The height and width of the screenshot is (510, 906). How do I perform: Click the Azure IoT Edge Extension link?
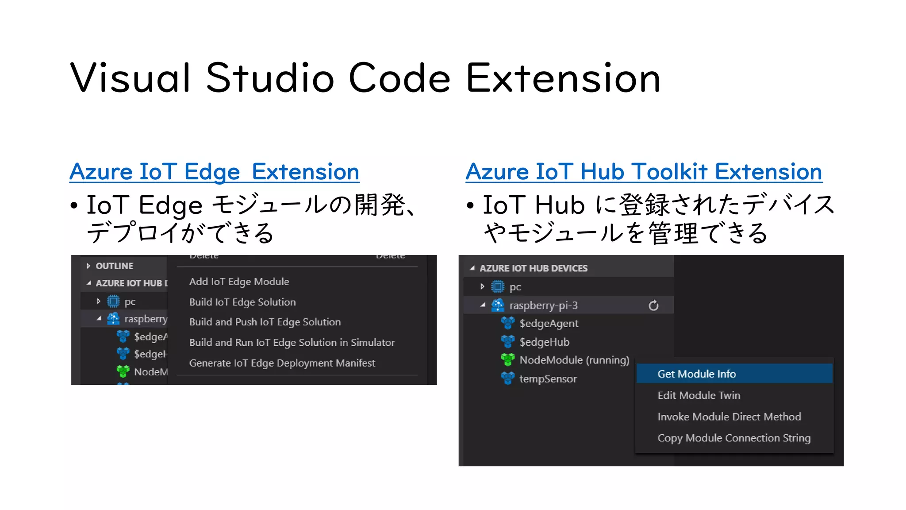[214, 172]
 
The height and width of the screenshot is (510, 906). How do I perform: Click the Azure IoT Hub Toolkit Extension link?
[644, 172]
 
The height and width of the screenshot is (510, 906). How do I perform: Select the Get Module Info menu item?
[696, 374]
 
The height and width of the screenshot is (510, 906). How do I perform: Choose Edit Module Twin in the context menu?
[699, 395]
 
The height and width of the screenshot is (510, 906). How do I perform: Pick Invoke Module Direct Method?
[729, 417]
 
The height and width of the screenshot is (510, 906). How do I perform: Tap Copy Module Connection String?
[734, 438]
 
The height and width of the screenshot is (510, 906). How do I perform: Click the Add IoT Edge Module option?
[239, 282]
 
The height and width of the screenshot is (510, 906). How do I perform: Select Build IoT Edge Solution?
[242, 302]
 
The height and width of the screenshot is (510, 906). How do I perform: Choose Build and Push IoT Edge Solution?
[265, 322]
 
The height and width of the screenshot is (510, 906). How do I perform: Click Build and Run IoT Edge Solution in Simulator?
[292, 342]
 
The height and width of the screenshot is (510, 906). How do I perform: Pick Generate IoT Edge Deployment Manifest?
[282, 363]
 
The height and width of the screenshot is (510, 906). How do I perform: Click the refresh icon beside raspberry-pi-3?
[653, 305]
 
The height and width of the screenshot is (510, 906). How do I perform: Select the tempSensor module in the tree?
[548, 379]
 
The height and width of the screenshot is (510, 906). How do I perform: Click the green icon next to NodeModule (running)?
[507, 359]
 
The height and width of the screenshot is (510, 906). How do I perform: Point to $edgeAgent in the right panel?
[549, 324]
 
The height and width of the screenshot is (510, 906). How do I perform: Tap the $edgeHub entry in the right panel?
[544, 342]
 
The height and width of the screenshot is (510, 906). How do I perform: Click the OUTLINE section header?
[114, 266]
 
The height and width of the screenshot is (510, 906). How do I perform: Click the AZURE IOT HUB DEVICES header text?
[534, 268]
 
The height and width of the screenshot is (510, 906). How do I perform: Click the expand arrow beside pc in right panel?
[482, 287]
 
